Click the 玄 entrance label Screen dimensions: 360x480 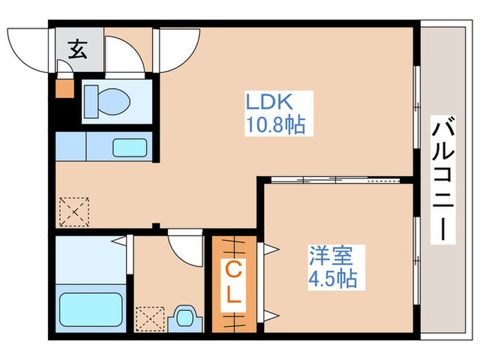tap(78, 49)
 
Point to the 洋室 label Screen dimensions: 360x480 tap(331, 256)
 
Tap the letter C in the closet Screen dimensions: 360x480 tap(233, 269)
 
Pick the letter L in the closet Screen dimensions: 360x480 tap(233, 296)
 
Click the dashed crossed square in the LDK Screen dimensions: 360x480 tap(73, 211)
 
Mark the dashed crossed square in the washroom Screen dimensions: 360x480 tap(150, 317)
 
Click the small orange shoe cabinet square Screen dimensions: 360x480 tap(63, 88)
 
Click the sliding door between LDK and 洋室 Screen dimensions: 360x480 tap(336, 180)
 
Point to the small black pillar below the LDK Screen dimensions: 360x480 tap(156, 226)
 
